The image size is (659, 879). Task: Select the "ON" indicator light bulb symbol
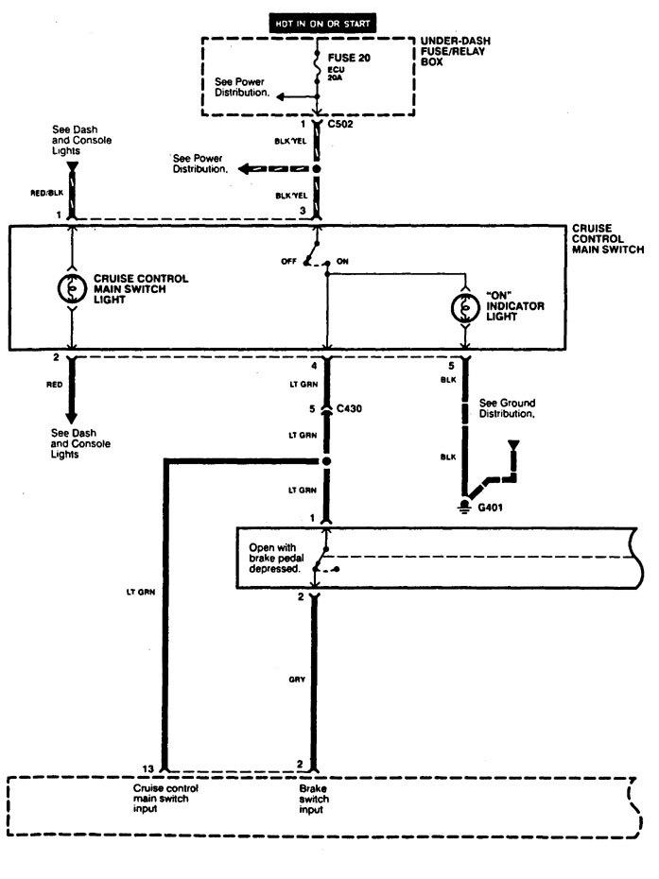click(463, 307)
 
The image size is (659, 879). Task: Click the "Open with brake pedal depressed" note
click(274, 557)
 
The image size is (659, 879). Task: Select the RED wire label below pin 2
click(56, 385)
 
